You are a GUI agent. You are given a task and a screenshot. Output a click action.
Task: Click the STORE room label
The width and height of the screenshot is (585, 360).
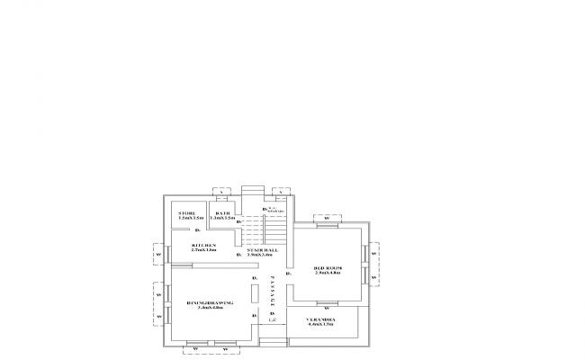[x=186, y=212]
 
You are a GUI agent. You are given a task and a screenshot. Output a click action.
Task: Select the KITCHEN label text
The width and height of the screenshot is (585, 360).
[x=203, y=244]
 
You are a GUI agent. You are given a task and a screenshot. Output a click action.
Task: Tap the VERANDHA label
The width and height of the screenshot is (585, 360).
[x=320, y=319]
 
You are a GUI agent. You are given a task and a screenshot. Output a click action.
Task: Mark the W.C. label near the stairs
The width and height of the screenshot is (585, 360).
[x=274, y=209]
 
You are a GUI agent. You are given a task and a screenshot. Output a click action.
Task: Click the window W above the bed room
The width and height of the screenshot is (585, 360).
[x=327, y=218]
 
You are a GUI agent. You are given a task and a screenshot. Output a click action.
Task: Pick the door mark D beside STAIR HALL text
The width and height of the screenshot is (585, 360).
[x=239, y=255]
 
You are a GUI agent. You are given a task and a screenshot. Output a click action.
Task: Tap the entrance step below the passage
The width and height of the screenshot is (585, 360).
[x=273, y=342]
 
